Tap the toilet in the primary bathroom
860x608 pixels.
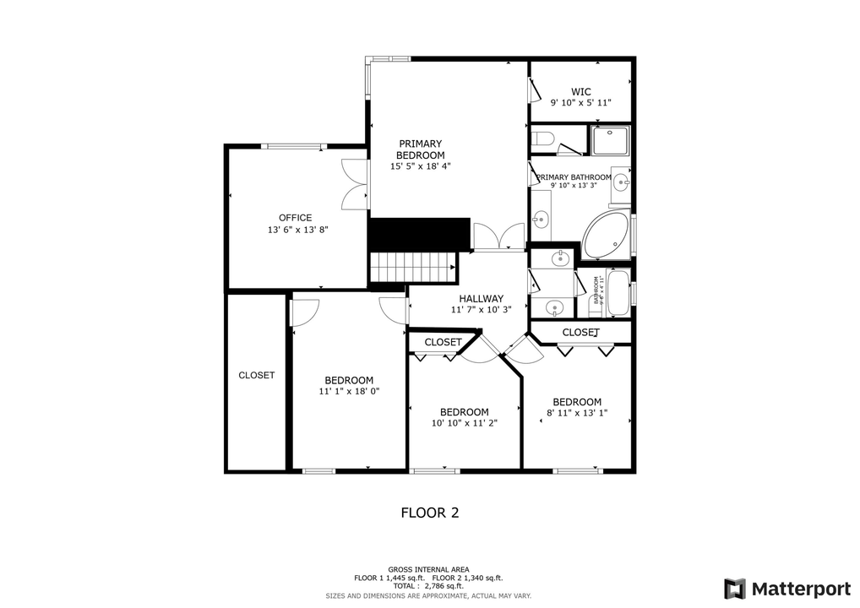(x=542, y=138)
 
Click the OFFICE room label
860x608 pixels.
(x=296, y=218)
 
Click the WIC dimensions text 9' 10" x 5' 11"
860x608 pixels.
(x=580, y=103)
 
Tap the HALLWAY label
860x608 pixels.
(x=481, y=299)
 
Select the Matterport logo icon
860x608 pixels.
(x=734, y=588)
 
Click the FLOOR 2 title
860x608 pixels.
(x=429, y=513)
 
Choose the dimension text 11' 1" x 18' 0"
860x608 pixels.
(x=349, y=392)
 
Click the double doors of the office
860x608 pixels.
(x=354, y=184)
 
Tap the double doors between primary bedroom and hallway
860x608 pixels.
(x=498, y=236)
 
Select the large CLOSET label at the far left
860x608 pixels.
(x=256, y=375)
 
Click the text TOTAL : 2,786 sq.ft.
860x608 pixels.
(x=428, y=586)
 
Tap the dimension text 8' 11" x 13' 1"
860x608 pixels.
(x=577, y=414)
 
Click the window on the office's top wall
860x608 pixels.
(x=292, y=147)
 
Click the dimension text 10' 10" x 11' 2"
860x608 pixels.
(x=464, y=423)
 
